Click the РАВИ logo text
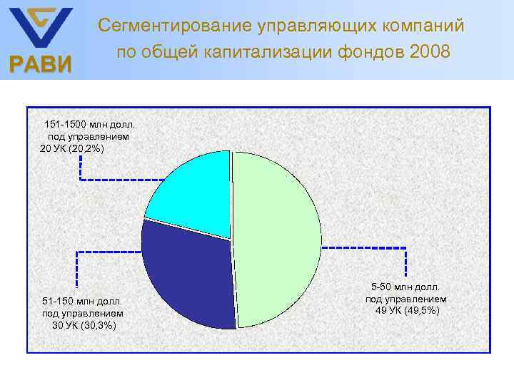40,66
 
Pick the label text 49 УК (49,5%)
408,311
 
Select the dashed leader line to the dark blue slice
107,252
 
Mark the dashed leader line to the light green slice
364,247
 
